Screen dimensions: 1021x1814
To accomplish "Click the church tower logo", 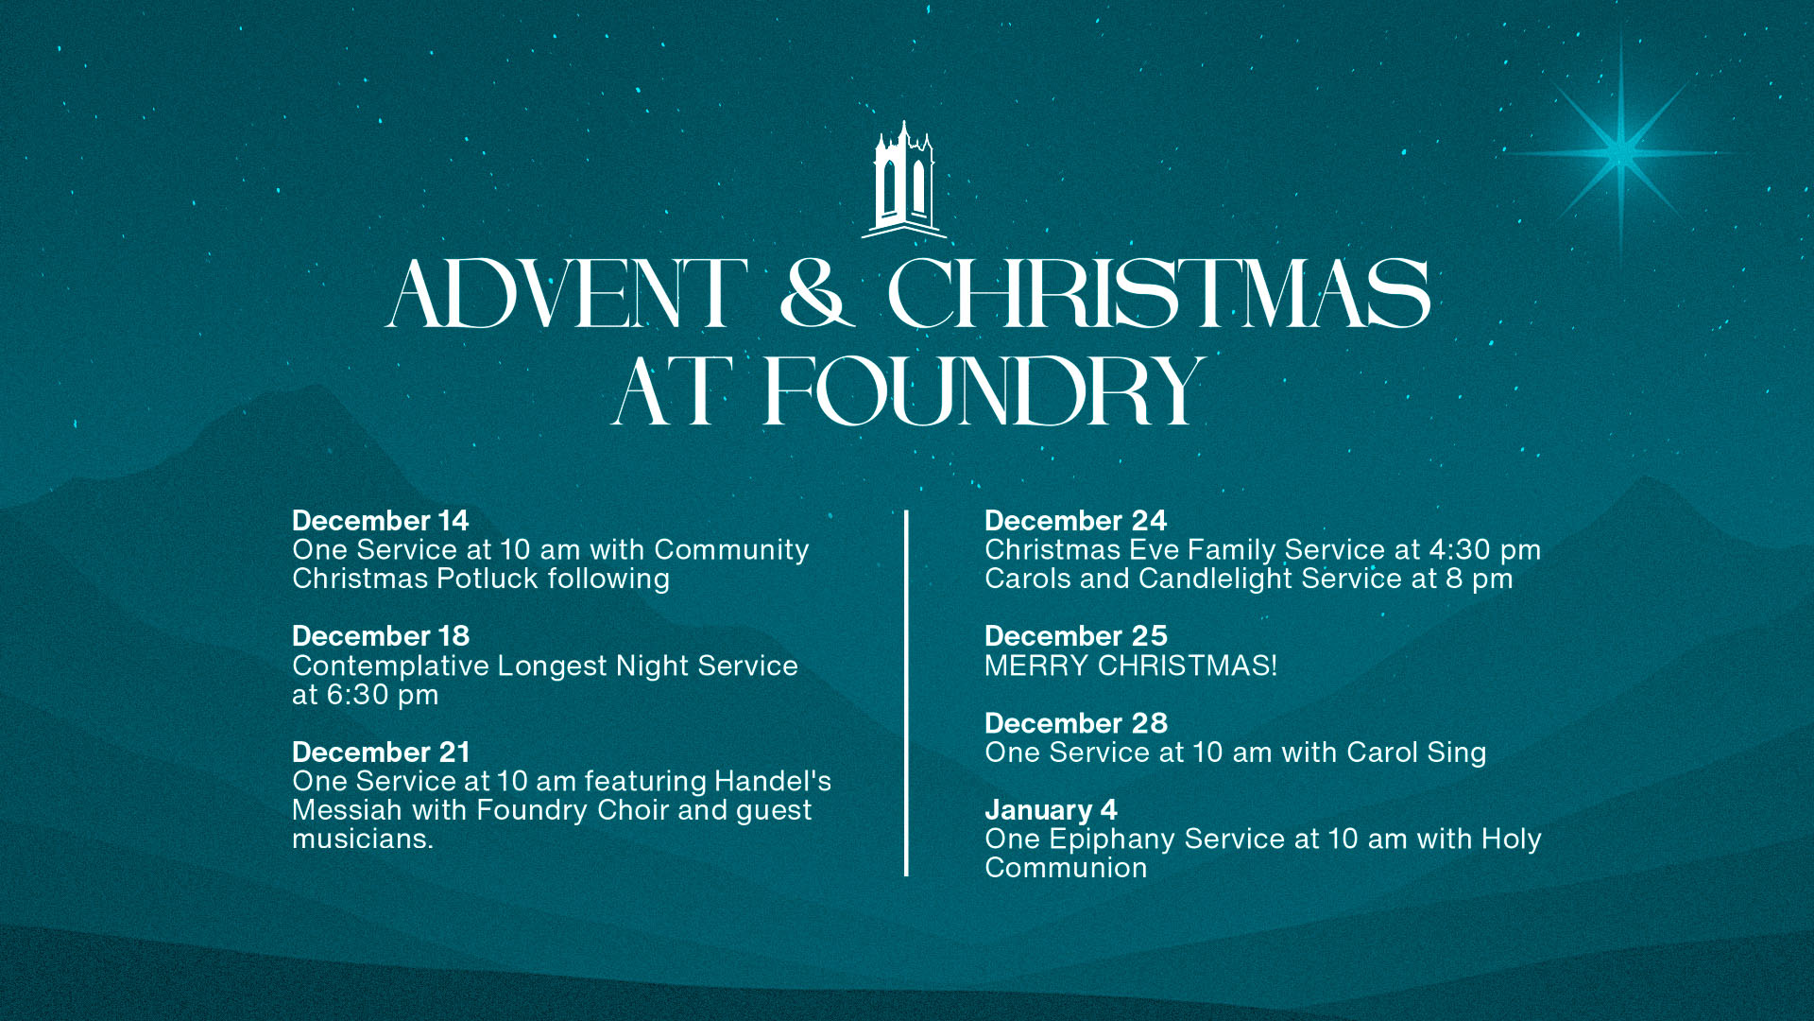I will (x=904, y=180).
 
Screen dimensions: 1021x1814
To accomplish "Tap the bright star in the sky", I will (x=1620, y=152).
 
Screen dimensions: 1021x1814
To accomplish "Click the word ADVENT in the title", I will (x=567, y=294).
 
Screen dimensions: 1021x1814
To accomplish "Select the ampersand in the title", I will (x=817, y=294).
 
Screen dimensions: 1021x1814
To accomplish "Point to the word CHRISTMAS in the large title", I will (x=1158, y=294).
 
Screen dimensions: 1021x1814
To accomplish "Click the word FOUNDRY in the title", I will (x=984, y=390).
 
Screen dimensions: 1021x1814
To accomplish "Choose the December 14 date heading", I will (x=380, y=521).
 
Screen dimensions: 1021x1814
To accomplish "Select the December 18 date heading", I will (x=380, y=636).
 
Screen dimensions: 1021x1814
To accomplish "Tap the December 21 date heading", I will (x=381, y=753).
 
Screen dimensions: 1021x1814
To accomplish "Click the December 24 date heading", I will (x=1075, y=521).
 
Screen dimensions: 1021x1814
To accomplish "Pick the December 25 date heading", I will (x=1075, y=636).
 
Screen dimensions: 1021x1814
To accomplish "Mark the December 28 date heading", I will (x=1075, y=723).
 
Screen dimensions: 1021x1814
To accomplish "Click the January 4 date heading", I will (x=1050, y=810).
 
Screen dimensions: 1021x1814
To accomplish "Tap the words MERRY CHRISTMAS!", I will (x=1130, y=666).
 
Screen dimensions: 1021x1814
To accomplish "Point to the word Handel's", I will (x=772, y=781).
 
